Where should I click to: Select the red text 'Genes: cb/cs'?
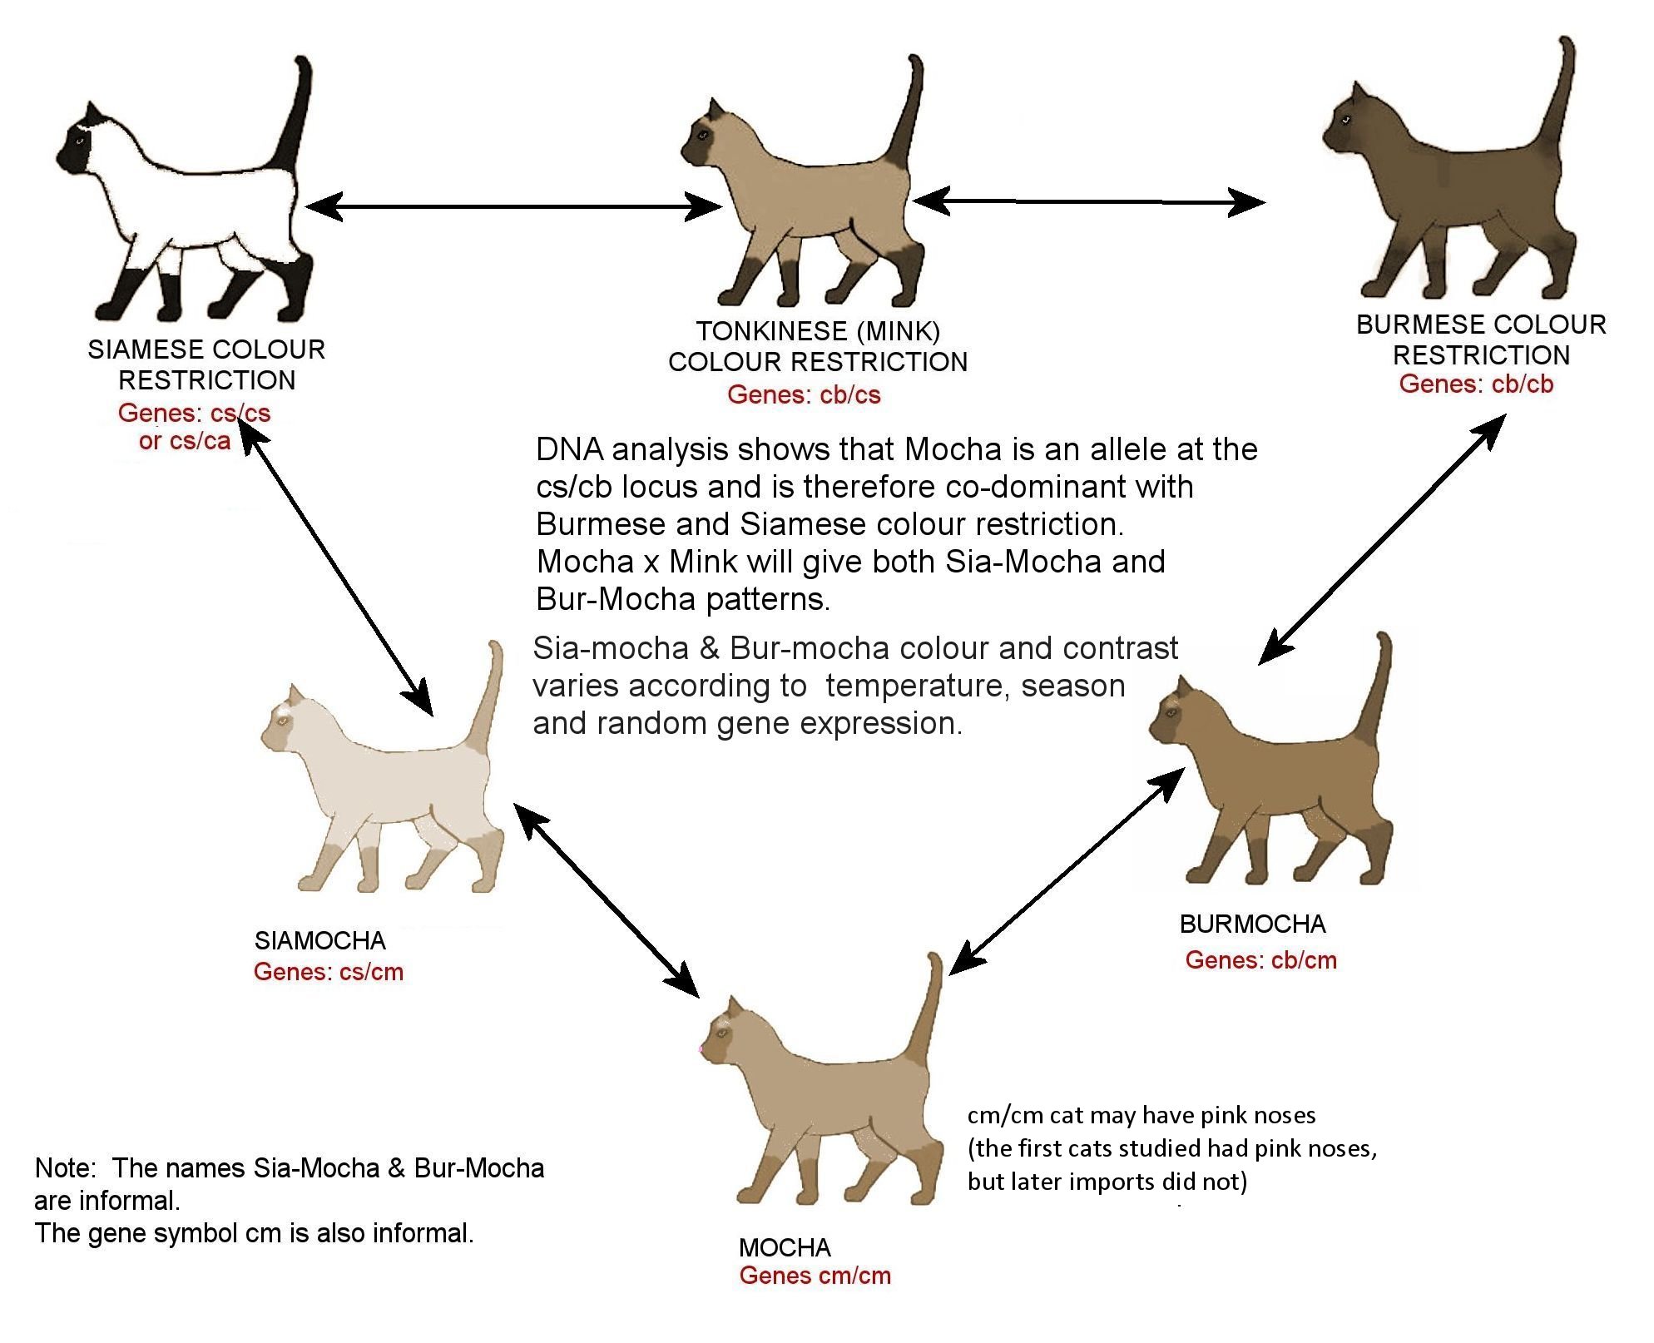[x=804, y=394]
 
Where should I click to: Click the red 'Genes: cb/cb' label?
[x=1476, y=384]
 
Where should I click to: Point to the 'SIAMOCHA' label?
[x=320, y=940]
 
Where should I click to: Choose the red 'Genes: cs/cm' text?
[x=329, y=972]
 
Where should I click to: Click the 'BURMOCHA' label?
[x=1252, y=924]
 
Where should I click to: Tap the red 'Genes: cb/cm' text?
[x=1260, y=959]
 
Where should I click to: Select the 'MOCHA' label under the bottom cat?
[x=785, y=1247]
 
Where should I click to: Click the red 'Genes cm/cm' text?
[x=815, y=1276]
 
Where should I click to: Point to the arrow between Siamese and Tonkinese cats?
[x=513, y=206]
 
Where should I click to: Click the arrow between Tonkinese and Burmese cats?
[x=1089, y=201]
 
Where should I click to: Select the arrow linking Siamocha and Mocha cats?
[x=607, y=899]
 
